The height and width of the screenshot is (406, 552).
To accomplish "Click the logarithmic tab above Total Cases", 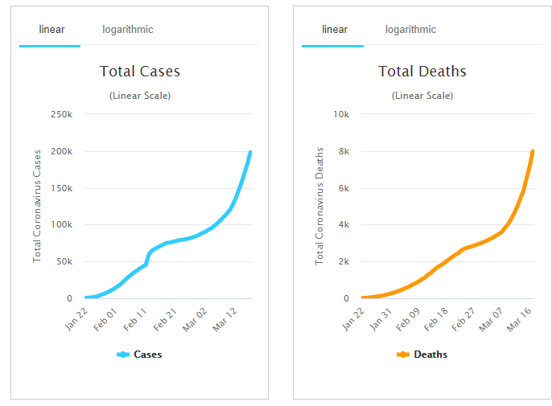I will coord(127,30).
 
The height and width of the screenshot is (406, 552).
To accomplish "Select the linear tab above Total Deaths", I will coord(335,30).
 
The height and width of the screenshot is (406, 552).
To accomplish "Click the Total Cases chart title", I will coord(140,72).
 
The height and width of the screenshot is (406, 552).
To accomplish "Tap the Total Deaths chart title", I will coord(422,72).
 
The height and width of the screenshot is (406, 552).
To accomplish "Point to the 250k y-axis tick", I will coord(63,114).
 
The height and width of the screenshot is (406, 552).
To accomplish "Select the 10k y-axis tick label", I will coord(341,114).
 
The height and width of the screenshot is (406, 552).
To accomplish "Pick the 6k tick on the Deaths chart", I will coord(344,188).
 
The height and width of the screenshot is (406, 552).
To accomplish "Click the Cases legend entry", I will coord(140,355).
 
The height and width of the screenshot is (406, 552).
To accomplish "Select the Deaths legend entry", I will coord(423,355).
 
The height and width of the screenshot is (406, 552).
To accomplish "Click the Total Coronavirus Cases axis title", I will coord(37,206).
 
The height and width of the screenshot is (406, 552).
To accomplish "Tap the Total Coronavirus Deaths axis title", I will coord(319,206).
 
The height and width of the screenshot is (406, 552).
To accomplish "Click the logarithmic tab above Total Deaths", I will coord(410,30).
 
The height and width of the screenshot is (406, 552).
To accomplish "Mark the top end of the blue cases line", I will coord(250,152).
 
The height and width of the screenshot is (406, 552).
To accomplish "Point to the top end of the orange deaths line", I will coord(533,151).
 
